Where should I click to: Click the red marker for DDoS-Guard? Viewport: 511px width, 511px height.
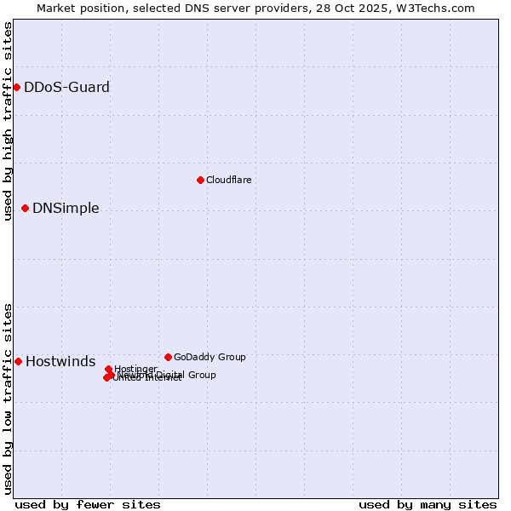16,87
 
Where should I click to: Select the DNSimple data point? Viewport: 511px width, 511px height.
25,208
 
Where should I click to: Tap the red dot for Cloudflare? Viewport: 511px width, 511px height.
200,180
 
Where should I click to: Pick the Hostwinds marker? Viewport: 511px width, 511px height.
18,361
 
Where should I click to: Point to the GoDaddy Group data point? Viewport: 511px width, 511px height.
168,357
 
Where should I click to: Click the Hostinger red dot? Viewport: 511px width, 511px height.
108,369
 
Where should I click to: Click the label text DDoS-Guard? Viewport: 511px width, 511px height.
66,87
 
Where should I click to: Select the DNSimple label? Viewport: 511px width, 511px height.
66,209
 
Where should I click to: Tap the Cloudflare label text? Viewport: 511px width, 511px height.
228,180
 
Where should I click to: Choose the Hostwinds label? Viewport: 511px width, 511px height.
60,362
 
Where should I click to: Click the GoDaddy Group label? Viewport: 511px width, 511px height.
210,357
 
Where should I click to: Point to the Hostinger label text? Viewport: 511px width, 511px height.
135,369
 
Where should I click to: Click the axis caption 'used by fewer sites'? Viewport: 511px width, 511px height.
88,504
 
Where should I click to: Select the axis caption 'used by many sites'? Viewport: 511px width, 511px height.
428,504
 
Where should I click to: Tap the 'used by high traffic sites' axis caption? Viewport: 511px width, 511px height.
8,121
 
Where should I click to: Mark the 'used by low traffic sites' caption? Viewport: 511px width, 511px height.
8,399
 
